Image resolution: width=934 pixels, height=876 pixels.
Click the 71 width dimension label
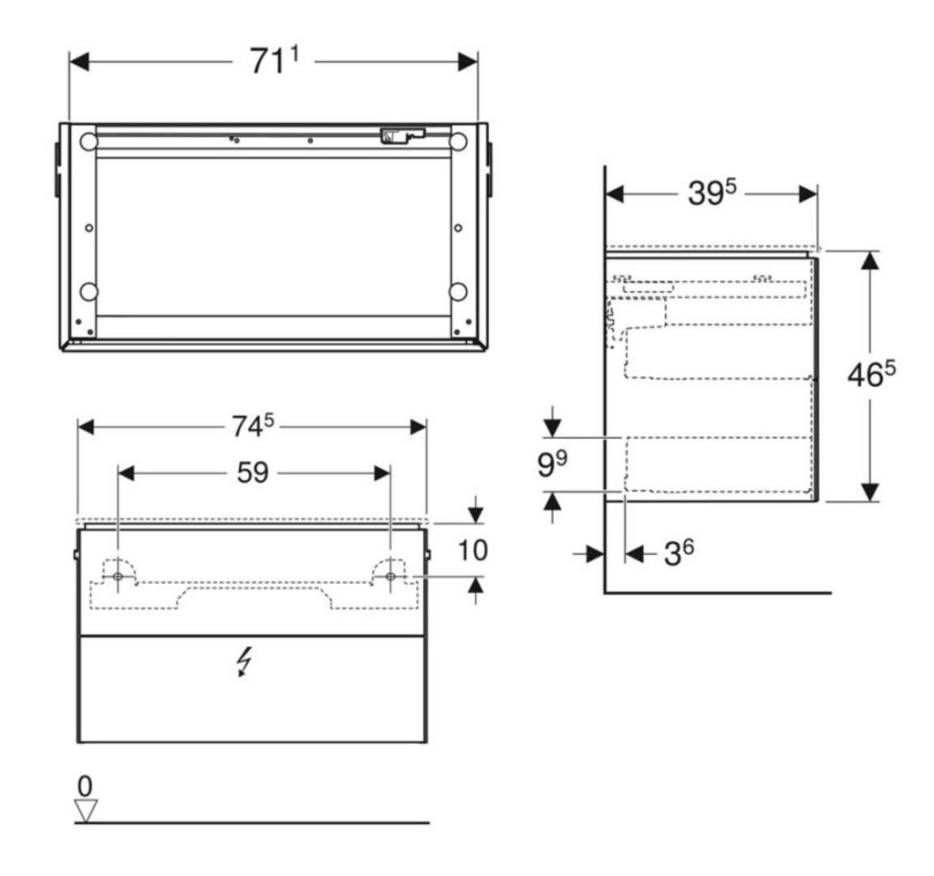pyautogui.click(x=274, y=61)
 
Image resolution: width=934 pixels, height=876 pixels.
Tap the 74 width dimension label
pyautogui.click(x=253, y=425)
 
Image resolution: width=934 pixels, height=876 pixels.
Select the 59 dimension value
pyautogui.click(x=254, y=474)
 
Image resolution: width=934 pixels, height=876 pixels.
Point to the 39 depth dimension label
pyautogui.click(x=711, y=193)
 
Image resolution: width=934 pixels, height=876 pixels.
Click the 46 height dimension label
pyautogui.click(x=871, y=374)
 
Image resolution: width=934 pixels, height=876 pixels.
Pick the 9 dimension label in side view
pyautogui.click(x=552, y=464)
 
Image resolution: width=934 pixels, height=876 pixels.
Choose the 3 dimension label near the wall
pyautogui.click(x=679, y=553)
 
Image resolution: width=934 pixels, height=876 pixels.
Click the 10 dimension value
pyautogui.click(x=473, y=550)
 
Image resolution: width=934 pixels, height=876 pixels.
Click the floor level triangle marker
pyautogui.click(x=86, y=810)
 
